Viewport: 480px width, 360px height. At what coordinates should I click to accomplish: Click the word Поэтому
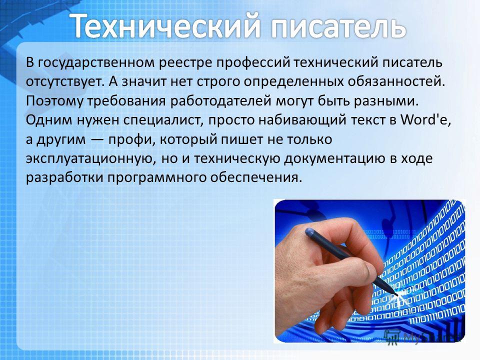(x=54, y=101)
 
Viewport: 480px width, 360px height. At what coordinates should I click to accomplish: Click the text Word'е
(x=426, y=119)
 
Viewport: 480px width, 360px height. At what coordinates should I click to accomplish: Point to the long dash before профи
(x=97, y=140)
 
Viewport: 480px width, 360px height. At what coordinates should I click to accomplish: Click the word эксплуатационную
(x=89, y=159)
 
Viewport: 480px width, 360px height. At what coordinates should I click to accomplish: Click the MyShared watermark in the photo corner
(x=422, y=336)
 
